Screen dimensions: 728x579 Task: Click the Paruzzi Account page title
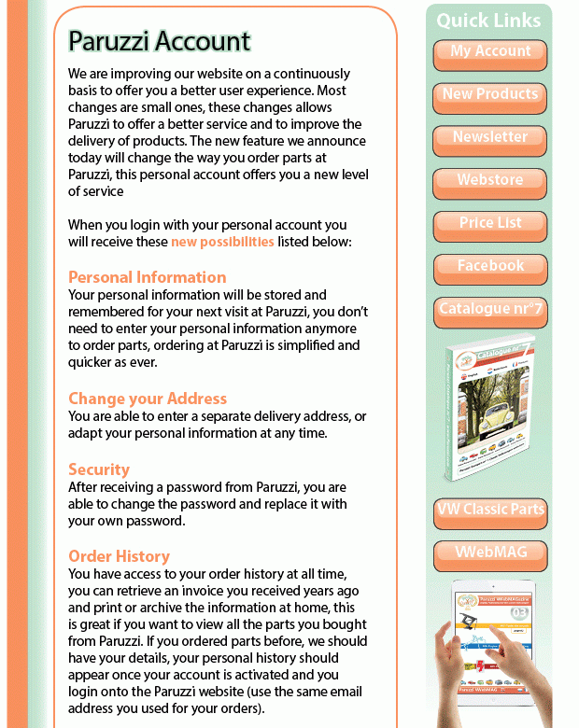(160, 42)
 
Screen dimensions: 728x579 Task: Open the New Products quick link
(490, 95)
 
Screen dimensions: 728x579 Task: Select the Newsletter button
(490, 138)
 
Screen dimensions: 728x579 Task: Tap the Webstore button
(490, 181)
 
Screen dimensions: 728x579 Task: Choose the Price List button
(490, 224)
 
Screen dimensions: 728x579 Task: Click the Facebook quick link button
(490, 267)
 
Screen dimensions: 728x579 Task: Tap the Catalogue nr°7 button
(490, 310)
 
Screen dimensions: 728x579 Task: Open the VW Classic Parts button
(490, 511)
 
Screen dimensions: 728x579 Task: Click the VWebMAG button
(490, 553)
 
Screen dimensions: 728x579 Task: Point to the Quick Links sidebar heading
(488, 21)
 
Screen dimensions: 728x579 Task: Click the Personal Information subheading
(147, 277)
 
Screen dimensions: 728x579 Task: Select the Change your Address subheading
(148, 399)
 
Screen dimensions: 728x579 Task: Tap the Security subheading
(99, 469)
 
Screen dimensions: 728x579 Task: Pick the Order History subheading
(119, 556)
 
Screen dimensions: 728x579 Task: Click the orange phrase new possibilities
(222, 242)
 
